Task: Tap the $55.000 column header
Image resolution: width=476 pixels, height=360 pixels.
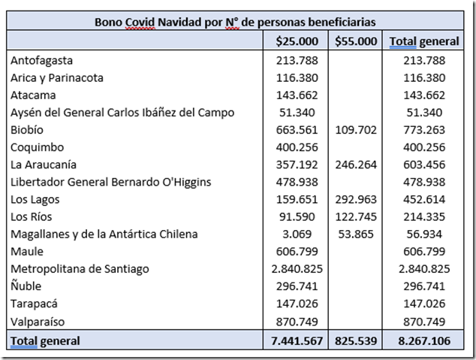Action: coord(356,41)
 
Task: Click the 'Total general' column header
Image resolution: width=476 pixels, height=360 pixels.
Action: coord(424,41)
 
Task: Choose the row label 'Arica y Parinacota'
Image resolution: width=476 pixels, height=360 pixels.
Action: coord(57,77)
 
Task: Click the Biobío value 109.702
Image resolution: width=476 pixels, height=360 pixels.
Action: coord(356,129)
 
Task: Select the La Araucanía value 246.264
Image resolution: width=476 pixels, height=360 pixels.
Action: coord(356,164)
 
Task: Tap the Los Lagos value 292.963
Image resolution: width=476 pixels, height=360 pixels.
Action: coord(356,199)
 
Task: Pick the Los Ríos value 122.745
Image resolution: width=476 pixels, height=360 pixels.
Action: coord(356,216)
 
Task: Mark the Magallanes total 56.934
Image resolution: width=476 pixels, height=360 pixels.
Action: coord(424,234)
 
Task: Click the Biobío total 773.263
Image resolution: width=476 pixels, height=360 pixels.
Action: coord(424,129)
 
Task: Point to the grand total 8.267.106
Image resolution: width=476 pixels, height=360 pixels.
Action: coord(424,340)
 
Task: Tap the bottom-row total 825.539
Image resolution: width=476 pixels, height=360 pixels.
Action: coord(356,340)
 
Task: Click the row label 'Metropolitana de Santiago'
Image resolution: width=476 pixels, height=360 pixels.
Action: coord(80,268)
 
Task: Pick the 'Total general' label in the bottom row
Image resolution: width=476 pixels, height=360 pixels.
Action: coord(45,340)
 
